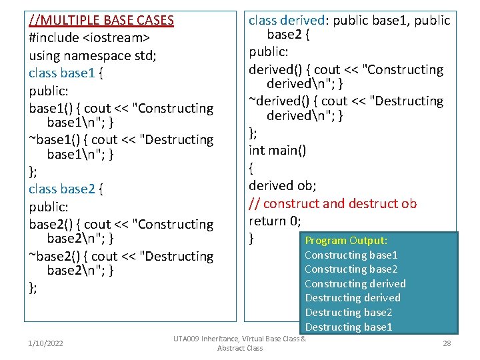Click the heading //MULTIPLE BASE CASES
(x=101, y=21)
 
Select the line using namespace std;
(x=93, y=55)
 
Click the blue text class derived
(x=287, y=21)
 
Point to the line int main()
(x=277, y=150)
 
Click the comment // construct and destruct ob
(x=333, y=203)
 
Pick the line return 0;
(x=275, y=221)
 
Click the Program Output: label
(x=346, y=241)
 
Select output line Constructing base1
(x=351, y=255)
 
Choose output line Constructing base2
(x=351, y=269)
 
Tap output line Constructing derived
(x=355, y=284)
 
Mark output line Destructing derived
(x=353, y=298)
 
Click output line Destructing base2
(x=349, y=313)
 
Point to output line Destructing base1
(x=349, y=327)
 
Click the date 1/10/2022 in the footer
(x=45, y=343)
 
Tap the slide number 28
(x=446, y=343)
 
